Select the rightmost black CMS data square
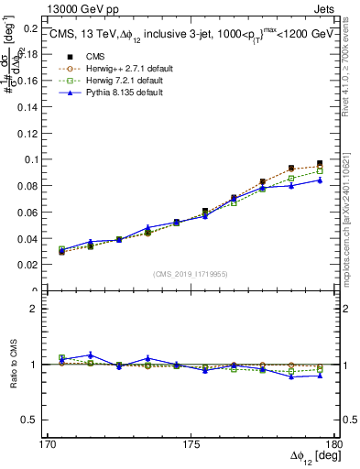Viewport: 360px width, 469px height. pyautogui.click(x=320, y=163)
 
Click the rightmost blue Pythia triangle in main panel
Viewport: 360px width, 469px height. pyautogui.click(x=320, y=180)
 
